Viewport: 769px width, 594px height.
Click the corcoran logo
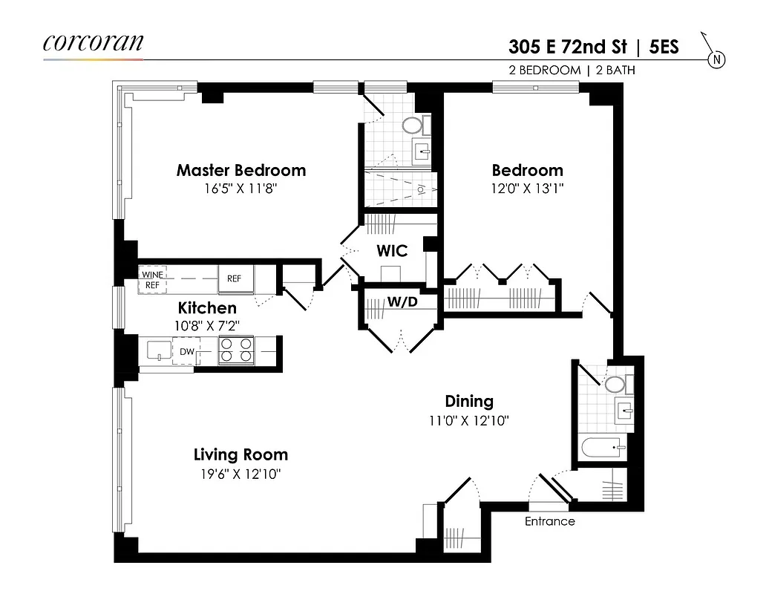(93, 42)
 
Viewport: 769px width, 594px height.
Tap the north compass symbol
(716, 59)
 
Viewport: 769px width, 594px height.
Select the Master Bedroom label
(240, 170)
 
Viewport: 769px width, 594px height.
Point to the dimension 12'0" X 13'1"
(527, 189)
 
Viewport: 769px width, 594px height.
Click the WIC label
(391, 251)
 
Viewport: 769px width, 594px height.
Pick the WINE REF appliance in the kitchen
(152, 279)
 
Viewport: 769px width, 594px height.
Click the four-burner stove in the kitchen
(236, 350)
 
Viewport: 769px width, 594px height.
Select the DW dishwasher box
(186, 350)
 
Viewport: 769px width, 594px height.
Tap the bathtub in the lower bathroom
(601, 448)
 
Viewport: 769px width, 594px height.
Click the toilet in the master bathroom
(413, 124)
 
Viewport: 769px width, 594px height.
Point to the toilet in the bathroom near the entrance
(615, 385)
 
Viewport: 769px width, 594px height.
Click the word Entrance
(549, 521)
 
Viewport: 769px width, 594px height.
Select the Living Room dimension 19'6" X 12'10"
(240, 474)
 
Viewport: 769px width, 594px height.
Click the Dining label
(468, 401)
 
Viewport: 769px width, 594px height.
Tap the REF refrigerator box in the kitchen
(235, 279)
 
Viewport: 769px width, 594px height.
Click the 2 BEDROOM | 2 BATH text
(566, 71)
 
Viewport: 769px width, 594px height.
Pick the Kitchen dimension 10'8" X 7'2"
(207, 325)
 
